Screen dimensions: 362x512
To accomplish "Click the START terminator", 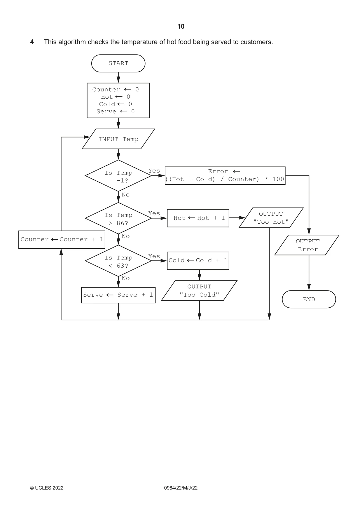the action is pyautogui.click(x=118, y=63).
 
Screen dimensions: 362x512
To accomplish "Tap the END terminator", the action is pyautogui.click(x=309, y=299).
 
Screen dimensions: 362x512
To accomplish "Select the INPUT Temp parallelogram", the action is pyautogui.click(x=118, y=139).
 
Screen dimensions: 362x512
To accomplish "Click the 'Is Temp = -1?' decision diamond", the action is pyautogui.click(x=118, y=176).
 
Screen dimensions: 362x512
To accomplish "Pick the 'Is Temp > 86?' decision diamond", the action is pyautogui.click(x=118, y=218).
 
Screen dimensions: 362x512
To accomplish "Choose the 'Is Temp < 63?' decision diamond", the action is pyautogui.click(x=118, y=261).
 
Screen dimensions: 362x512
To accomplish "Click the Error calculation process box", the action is pyautogui.click(x=225, y=175).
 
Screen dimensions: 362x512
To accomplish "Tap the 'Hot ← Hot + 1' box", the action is pyautogui.click(x=198, y=218).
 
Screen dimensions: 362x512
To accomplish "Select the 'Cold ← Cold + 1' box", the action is pyautogui.click(x=198, y=261).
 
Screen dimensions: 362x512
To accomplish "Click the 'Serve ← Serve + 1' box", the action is pyautogui.click(x=118, y=295).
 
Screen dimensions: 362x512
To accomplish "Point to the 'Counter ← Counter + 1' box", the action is pyautogui.click(x=62, y=240).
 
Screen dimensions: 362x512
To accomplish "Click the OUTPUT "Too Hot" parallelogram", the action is pyautogui.click(x=271, y=218).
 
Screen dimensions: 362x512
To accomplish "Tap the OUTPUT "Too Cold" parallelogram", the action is pyautogui.click(x=199, y=290).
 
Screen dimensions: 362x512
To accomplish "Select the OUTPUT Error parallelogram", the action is pyautogui.click(x=307, y=245).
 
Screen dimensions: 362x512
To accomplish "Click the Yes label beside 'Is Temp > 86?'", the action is pyautogui.click(x=154, y=213).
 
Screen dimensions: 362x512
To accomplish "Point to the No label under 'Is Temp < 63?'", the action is pyautogui.click(x=126, y=278).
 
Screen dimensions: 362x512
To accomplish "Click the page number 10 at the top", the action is pyautogui.click(x=181, y=27).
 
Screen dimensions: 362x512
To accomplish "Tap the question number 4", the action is pyautogui.click(x=32, y=42).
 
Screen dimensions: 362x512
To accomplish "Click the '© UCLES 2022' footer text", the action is pyautogui.click(x=47, y=488).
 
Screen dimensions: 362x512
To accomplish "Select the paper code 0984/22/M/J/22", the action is pyautogui.click(x=181, y=488).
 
